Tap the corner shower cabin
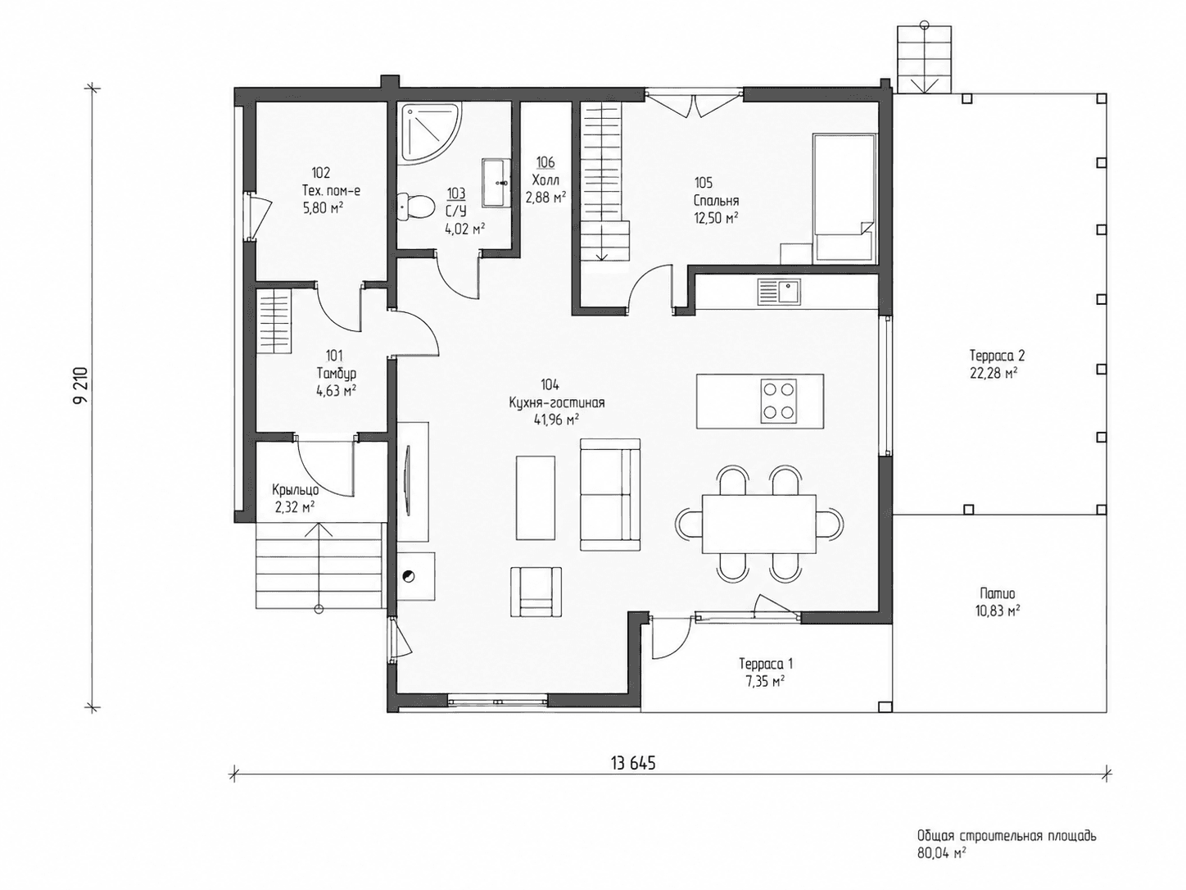431,133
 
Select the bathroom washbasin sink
496,183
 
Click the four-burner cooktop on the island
778,401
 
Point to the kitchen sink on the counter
778,292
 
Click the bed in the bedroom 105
844,199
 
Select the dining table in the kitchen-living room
759,524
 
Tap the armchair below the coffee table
536,592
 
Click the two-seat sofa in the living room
610,494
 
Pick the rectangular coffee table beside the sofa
536,497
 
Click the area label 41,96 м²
556,420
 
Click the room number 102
321,173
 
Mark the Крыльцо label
295,490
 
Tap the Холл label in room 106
545,179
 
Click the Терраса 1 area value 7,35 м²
763,681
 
